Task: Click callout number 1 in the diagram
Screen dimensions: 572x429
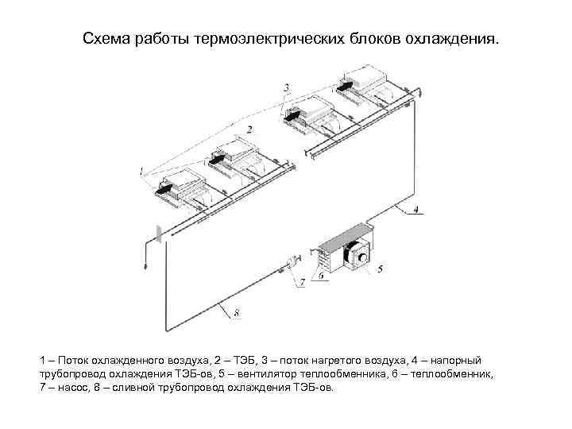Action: point(141,170)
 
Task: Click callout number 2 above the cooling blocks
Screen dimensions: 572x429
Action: point(249,129)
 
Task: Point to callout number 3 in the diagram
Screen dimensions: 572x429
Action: point(286,87)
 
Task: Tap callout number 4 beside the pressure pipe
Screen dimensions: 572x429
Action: point(419,211)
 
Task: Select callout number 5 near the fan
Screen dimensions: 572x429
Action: point(380,269)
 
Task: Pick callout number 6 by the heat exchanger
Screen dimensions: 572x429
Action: point(320,276)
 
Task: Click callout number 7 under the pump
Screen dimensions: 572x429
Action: point(301,283)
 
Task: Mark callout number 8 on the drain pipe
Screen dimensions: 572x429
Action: point(236,312)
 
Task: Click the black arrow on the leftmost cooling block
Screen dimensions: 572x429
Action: point(164,190)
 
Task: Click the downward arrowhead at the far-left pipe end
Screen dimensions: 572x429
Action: point(145,268)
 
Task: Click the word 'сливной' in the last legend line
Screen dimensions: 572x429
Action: point(143,387)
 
